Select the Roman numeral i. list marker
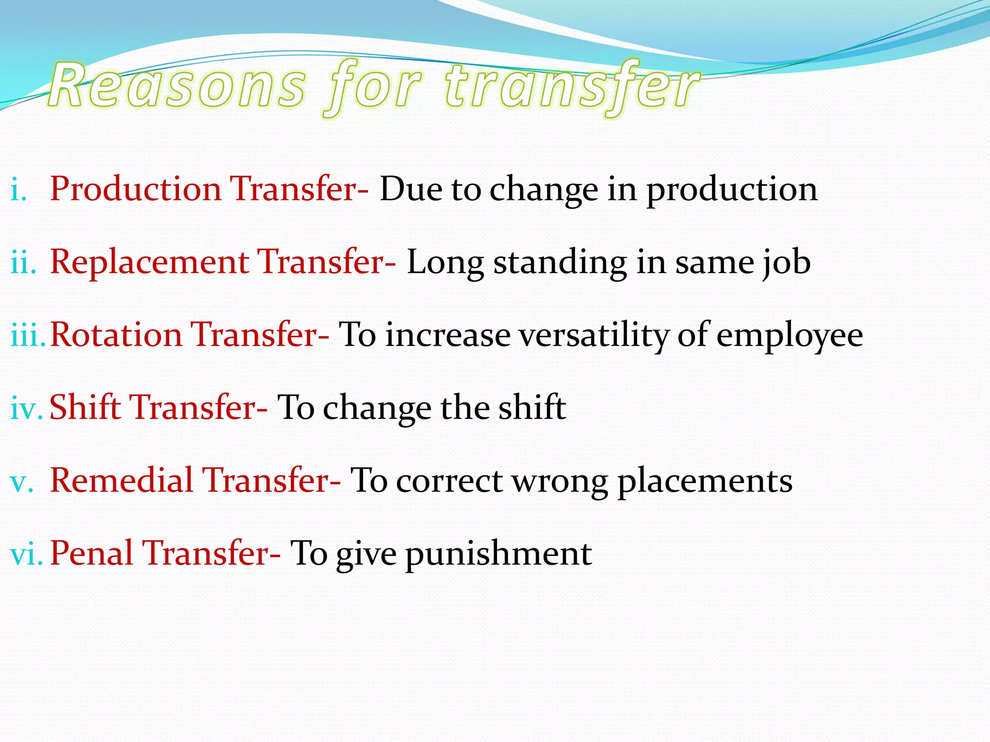click(x=18, y=189)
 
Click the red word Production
click(x=136, y=189)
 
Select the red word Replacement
click(x=149, y=262)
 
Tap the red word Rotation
click(x=116, y=335)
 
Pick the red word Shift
click(x=85, y=407)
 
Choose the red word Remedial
click(x=121, y=481)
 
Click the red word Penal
click(x=91, y=554)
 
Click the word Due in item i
click(x=410, y=189)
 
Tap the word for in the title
click(x=373, y=87)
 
